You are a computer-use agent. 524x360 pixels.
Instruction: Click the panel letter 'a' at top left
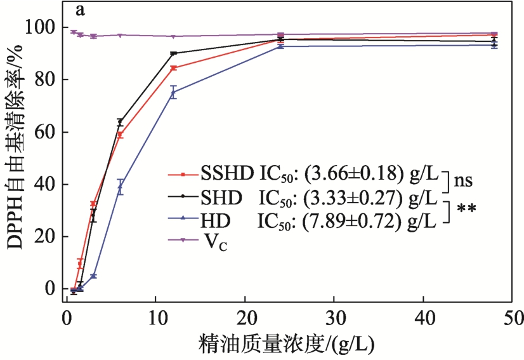(x=81, y=11)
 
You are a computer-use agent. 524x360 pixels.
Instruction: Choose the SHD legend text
(x=221, y=197)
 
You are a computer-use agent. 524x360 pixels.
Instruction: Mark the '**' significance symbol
(x=466, y=209)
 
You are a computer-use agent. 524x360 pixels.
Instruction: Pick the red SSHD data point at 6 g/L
(x=120, y=135)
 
